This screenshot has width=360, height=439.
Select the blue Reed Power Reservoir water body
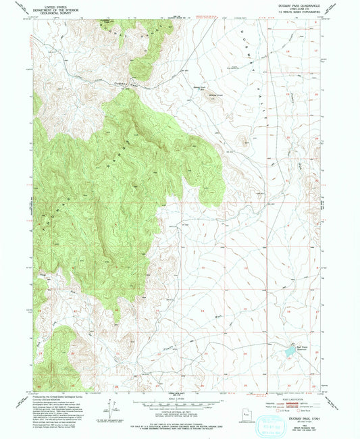288,352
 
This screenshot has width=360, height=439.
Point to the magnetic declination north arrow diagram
108,405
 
